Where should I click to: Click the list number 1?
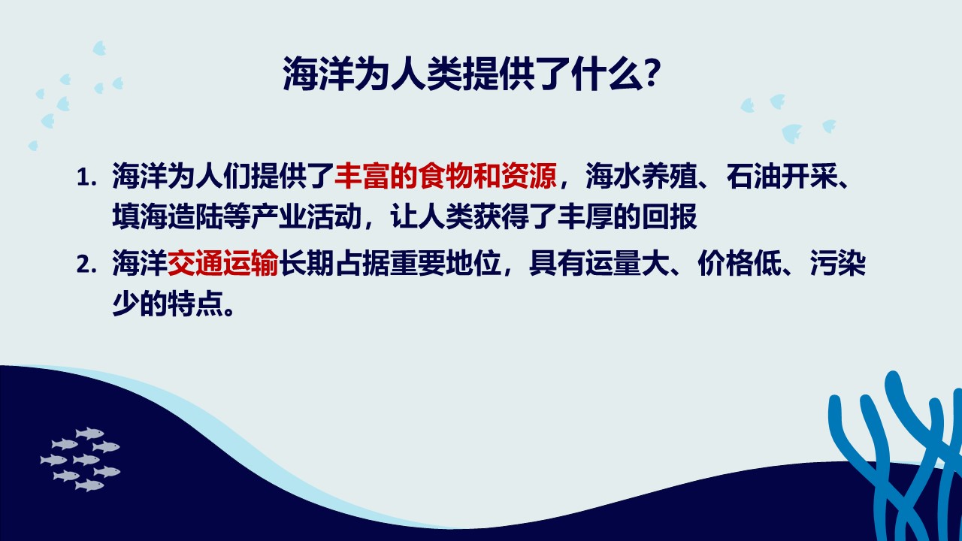(86, 177)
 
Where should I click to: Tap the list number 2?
(86, 264)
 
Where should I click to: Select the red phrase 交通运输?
(223, 263)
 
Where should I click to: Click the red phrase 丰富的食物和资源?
(446, 176)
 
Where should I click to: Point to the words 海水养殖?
(641, 176)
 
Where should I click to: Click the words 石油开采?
(781, 176)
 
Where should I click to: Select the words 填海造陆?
(168, 216)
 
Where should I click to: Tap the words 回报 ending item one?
(670, 216)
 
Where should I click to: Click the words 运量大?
(627, 263)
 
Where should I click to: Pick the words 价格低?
(739, 263)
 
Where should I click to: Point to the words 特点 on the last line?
(195, 304)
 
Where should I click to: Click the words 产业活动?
(307, 216)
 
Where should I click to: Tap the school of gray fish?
(80, 459)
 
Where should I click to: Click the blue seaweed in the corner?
(895, 456)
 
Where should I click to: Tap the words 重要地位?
(446, 263)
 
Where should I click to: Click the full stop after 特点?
(229, 311)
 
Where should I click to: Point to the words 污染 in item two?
(838, 263)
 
